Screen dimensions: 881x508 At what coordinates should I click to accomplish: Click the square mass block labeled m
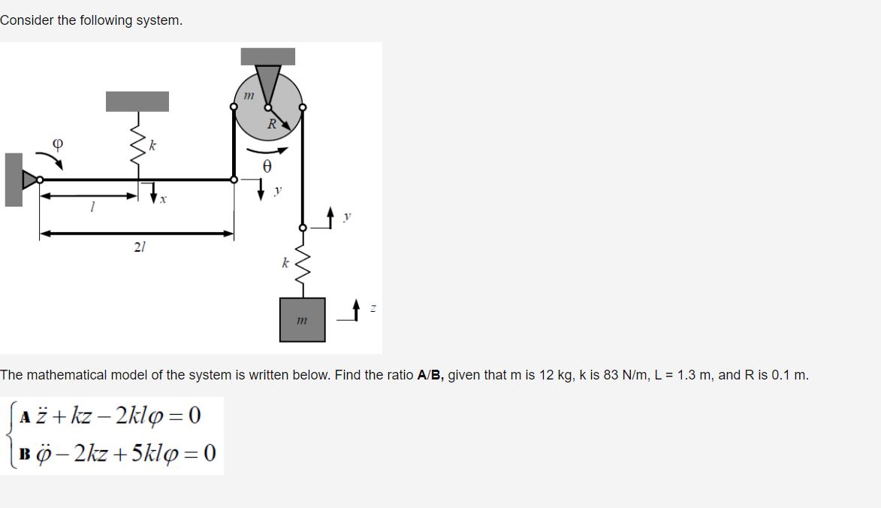303,319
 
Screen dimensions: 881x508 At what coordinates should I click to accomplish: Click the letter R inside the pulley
272,124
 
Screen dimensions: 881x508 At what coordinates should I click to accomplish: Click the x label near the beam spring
163,200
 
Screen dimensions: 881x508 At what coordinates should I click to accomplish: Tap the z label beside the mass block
373,308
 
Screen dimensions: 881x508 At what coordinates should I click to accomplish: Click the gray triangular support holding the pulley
267,83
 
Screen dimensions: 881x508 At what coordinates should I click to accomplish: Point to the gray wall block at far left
14,180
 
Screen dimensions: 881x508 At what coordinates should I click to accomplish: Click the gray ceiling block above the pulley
267,56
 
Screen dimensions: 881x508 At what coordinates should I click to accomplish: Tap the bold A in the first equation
26,416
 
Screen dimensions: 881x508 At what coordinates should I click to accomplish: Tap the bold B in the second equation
26,454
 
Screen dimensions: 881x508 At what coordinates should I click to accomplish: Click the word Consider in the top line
26,20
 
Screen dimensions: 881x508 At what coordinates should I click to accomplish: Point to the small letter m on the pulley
249,95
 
